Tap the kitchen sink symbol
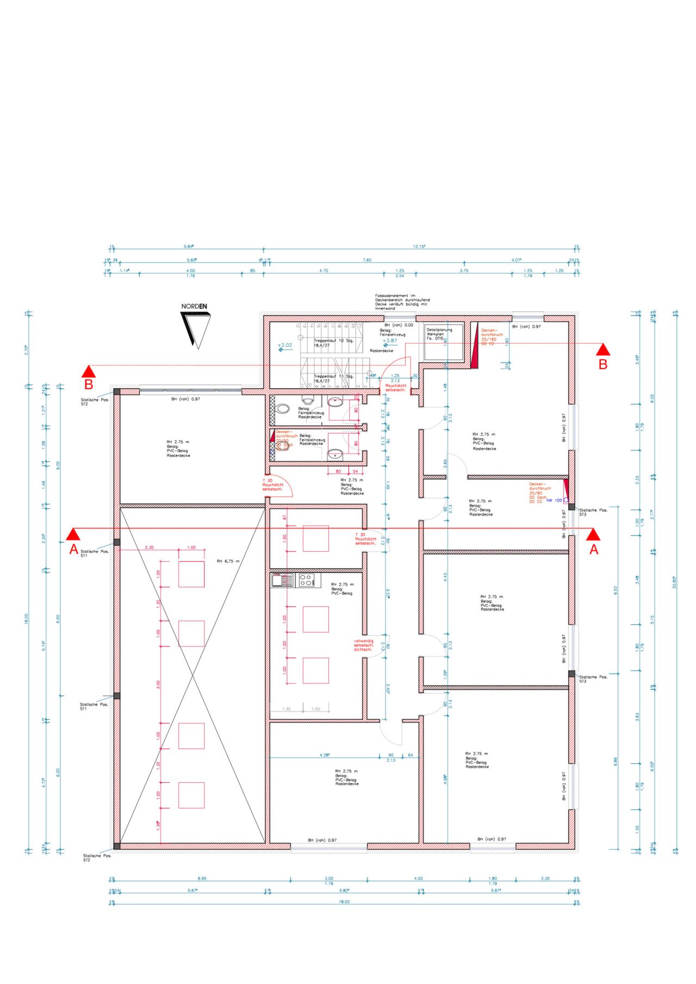282,580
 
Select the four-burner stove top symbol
307,580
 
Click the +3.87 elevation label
389,341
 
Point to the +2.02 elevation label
284,345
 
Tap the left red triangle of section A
73,534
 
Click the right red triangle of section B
602,349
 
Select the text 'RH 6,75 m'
228,561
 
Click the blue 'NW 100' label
554,500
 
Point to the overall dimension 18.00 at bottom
344,902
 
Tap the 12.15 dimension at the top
419,247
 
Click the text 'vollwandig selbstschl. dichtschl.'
363,645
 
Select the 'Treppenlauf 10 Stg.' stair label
333,341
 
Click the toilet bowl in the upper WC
283,409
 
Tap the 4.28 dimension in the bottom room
325,755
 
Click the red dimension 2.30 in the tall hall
149,547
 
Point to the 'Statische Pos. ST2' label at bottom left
97,858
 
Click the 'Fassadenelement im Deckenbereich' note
402,302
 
